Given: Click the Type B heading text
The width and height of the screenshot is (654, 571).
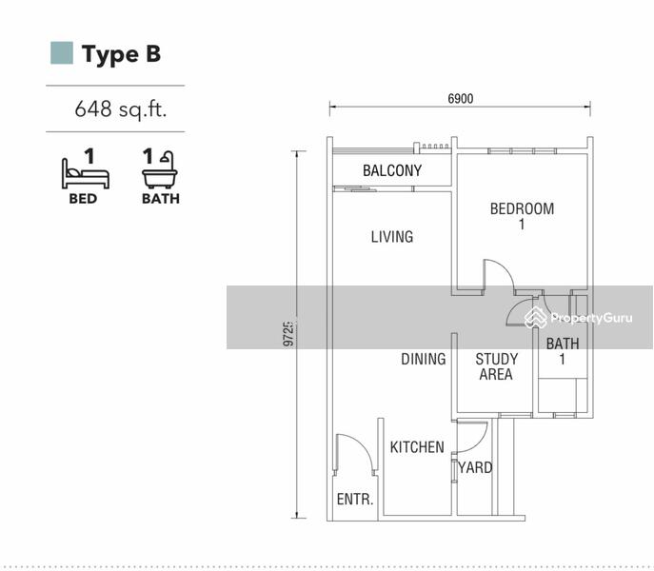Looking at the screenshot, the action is (121, 54).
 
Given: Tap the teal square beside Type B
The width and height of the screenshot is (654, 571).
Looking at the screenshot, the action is (62, 53).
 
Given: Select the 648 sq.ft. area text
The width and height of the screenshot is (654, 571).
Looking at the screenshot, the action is (121, 108).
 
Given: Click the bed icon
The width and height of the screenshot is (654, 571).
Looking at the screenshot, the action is (86, 173).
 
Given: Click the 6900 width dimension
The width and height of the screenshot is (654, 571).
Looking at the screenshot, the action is (461, 98).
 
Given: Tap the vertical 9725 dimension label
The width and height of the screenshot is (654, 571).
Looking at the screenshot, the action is (288, 334).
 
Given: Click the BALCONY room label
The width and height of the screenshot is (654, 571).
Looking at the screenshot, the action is (392, 170).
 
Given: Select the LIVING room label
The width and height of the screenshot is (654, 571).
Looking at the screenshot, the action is (392, 237).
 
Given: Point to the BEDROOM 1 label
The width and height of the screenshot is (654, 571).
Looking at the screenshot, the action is (522, 216).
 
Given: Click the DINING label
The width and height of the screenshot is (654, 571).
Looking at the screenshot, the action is (424, 359).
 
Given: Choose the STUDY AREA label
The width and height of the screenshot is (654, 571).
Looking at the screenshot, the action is (496, 366).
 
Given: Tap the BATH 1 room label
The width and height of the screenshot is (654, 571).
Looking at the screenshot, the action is (563, 351).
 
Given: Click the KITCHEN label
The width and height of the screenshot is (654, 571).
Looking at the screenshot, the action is (417, 447).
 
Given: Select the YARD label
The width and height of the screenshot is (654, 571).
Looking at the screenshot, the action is (475, 467).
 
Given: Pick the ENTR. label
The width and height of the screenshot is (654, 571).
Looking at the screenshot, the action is (355, 499).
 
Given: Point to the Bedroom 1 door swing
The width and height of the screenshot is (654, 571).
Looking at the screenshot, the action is (505, 269).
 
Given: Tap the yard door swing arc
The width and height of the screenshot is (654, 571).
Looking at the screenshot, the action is (480, 443).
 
